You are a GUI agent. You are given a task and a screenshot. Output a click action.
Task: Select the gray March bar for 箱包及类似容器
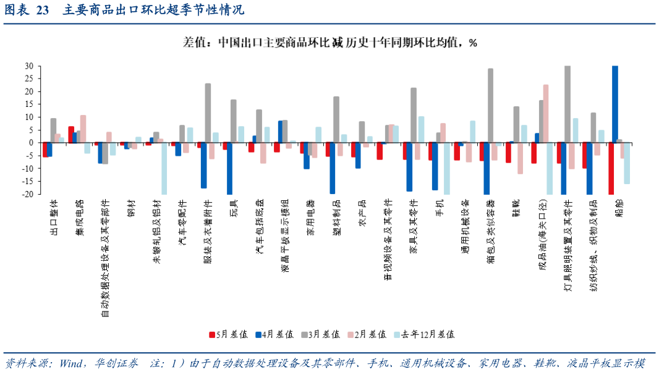pyautogui.click(x=491, y=105)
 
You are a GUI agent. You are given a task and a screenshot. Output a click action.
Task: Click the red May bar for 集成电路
pyautogui.click(x=71, y=134)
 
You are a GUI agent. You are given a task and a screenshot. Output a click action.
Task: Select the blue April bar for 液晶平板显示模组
pyautogui.click(x=281, y=132)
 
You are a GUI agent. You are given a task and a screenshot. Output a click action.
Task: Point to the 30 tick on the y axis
pyautogui.click(x=29, y=66)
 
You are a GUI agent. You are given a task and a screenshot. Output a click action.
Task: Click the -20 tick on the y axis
pyautogui.click(x=28, y=194)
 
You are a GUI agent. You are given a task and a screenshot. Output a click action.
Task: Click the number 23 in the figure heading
pyautogui.click(x=43, y=11)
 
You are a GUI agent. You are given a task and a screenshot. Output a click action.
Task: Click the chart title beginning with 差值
pyautogui.click(x=329, y=43)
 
